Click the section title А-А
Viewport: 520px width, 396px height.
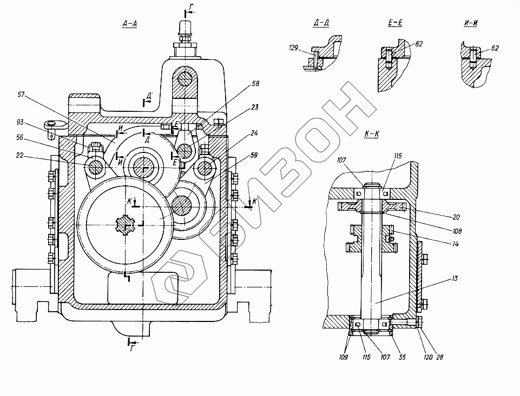click(x=129, y=24)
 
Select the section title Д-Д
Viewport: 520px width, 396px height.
click(x=321, y=24)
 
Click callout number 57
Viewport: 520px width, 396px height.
click(x=21, y=95)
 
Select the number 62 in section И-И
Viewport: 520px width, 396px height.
click(x=495, y=49)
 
